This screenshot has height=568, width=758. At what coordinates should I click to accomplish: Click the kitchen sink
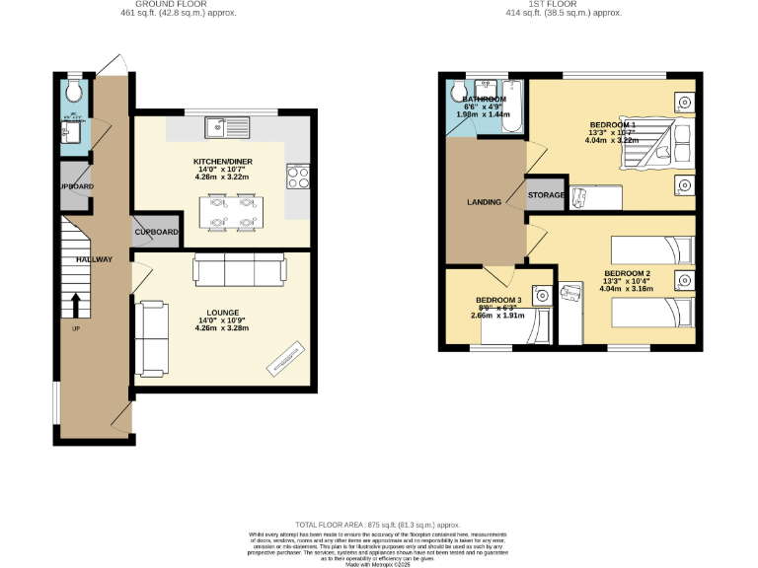click(228, 126)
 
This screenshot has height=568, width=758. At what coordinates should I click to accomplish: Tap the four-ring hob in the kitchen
click(299, 177)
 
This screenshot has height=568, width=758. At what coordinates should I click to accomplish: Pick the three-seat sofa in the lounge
click(238, 268)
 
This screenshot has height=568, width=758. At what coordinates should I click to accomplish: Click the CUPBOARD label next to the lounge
click(157, 233)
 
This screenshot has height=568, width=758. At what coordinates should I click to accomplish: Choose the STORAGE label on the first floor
click(546, 195)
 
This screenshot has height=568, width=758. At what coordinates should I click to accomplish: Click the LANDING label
click(485, 202)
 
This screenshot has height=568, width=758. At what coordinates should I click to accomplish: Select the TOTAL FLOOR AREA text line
click(379, 525)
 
